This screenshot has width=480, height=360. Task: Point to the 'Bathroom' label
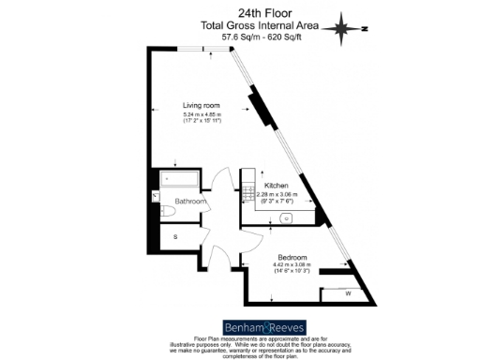[189, 201]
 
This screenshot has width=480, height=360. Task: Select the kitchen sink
[288, 218]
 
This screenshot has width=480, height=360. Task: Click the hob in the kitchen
[250, 194]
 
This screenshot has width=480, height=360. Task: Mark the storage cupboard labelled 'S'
[175, 237]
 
